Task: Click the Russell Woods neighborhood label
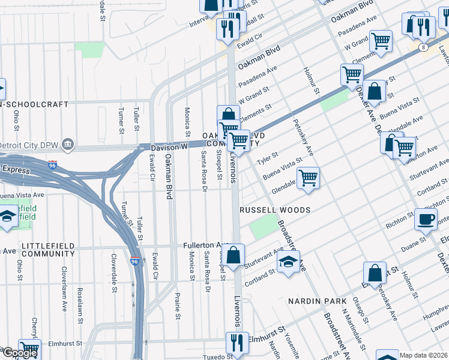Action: coord(275,210)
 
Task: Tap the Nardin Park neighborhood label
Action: coord(317,301)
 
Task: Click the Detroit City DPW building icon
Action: coord(68,145)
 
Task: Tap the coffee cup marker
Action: coord(426,219)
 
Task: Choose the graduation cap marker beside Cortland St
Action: coord(288,262)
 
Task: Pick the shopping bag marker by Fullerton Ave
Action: coord(235,254)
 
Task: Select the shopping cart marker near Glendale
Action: coord(308,178)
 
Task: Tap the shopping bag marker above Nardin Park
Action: coord(375,273)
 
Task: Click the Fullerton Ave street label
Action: coord(207,245)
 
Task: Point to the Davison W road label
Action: coord(169,146)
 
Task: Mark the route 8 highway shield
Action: coord(424,47)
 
